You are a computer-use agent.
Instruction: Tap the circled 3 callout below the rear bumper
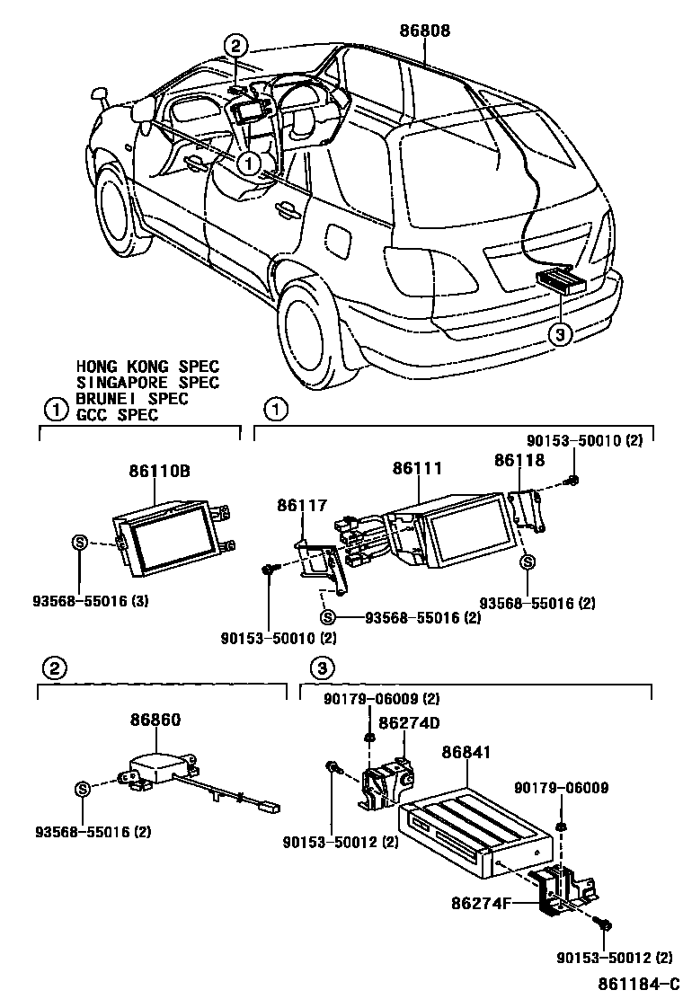point(560,334)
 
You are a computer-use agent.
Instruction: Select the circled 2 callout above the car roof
point(235,46)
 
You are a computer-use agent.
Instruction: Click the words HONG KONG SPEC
point(147,367)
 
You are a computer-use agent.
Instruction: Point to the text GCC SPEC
point(117,415)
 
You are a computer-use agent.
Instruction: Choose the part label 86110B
point(159,470)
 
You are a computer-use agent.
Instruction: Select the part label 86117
point(302,507)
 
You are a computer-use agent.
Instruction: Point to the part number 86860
point(156,720)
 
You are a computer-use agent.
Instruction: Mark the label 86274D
point(408,722)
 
